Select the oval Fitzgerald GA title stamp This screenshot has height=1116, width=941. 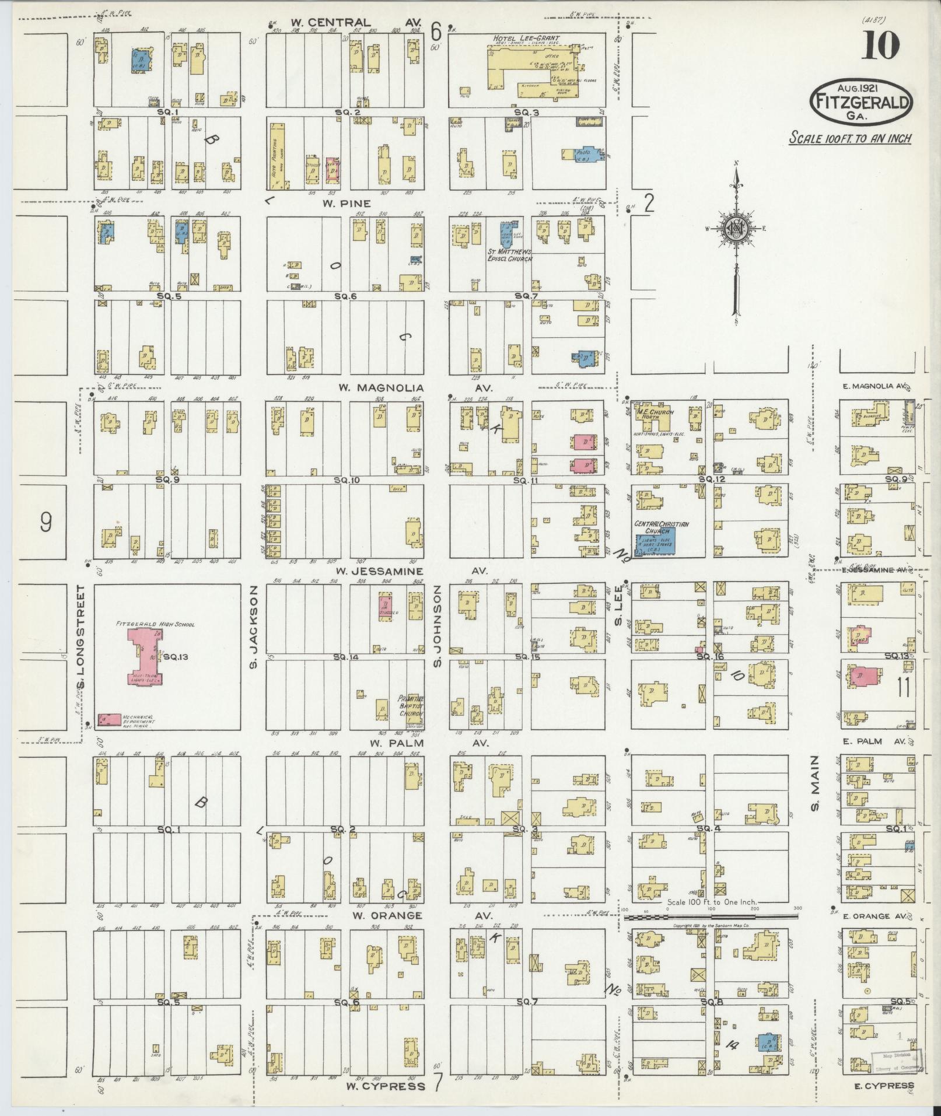861,101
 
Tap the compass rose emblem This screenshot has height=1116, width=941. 737,229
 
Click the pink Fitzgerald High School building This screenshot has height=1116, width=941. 145,656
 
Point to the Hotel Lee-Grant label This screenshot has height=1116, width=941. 518,39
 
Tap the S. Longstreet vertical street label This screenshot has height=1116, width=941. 81,636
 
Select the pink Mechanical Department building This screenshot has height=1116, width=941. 110,719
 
